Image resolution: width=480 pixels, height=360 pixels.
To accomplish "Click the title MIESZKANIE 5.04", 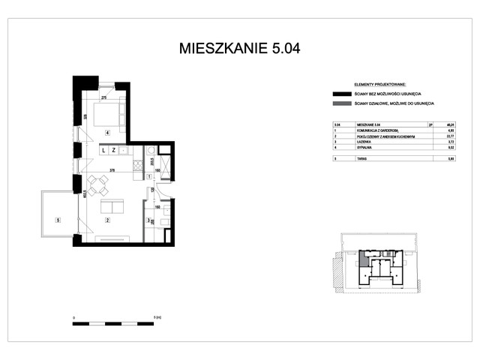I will tap(240, 49).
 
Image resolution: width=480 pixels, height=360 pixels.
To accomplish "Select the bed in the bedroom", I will tap(108, 112).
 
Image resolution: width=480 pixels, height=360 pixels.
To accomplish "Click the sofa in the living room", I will tap(114, 207).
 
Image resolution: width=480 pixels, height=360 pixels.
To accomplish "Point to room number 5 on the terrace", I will tap(58, 220).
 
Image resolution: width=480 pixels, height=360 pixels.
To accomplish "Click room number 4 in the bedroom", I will tap(108, 133).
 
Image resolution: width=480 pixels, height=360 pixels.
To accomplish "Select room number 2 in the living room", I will tap(108, 220).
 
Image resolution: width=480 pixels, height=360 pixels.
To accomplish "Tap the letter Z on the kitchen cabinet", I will tap(113, 150).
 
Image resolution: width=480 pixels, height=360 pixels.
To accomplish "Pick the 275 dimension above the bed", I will tap(105, 97).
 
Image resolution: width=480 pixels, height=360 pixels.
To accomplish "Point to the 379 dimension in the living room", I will tap(112, 171).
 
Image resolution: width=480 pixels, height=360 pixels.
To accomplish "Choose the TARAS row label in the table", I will tap(361, 159).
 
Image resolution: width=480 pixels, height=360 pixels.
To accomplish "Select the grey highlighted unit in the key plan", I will tap(364, 260).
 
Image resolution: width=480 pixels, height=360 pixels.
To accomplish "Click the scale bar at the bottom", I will tap(113, 323).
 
